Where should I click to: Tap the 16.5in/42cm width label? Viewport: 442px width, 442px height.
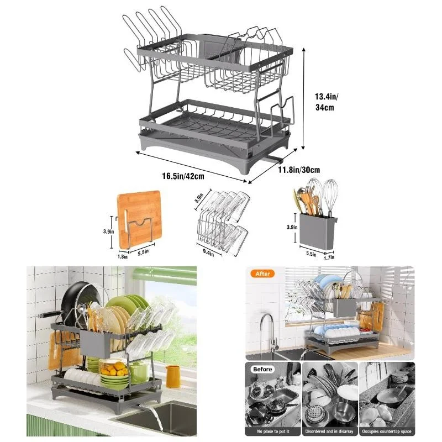pyautogui.click(x=183, y=176)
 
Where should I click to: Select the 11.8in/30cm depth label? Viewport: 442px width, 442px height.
pyautogui.click(x=298, y=170)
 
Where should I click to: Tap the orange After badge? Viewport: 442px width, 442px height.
pyautogui.click(x=263, y=273)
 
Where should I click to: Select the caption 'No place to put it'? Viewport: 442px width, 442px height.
pyautogui.click(x=272, y=430)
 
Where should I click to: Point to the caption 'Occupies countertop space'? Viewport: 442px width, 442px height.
pyautogui.click(x=387, y=430)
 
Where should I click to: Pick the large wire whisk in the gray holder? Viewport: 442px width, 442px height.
pyautogui.click(x=330, y=197)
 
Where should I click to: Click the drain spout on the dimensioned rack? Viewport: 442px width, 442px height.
pyautogui.click(x=271, y=159)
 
